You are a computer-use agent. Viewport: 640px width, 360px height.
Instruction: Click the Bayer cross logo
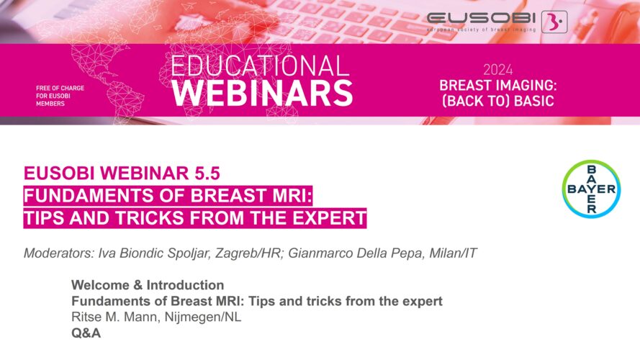(592, 189)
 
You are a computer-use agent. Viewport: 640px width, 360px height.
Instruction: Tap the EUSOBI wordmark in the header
(481, 18)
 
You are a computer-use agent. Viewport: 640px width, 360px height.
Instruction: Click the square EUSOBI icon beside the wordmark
(554, 22)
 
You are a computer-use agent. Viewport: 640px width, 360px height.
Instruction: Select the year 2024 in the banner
(498, 70)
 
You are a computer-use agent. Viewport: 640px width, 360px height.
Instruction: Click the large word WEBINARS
(262, 93)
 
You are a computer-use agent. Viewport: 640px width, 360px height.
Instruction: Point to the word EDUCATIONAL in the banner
(260, 66)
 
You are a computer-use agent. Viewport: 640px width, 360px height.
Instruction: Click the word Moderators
(59, 253)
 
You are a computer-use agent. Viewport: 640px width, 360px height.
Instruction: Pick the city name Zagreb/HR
(248, 253)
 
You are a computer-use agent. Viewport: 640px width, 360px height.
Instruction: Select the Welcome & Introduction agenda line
(148, 284)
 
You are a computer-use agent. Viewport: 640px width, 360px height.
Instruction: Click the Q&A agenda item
(86, 333)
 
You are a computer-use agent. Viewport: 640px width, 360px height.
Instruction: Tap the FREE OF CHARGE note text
(60, 88)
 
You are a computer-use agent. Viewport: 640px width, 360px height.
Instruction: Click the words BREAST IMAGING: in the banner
(498, 85)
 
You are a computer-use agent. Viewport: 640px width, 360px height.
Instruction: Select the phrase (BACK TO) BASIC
(498, 100)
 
